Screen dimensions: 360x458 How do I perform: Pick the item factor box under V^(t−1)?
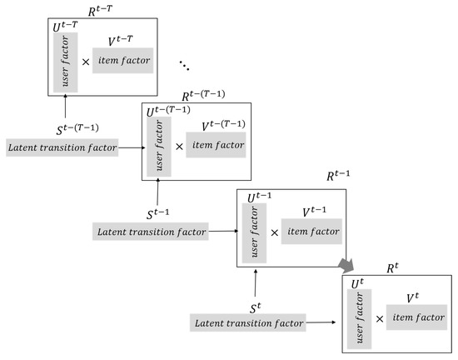coord(311,231)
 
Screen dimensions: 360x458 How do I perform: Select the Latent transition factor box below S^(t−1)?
coord(151,230)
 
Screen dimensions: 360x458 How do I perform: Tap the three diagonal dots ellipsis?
coord(187,64)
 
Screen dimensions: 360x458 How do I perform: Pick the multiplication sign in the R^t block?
coord(380,317)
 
